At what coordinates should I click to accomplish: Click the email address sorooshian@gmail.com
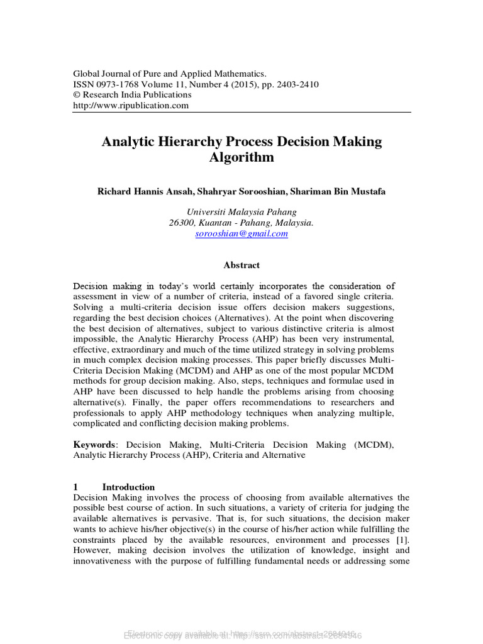pos(241,233)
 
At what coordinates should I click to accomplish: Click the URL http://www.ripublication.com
pos(131,106)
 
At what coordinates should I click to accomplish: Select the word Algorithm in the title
pos(241,157)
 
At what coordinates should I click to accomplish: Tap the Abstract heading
pos(241,265)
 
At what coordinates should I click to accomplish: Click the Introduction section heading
pos(128,487)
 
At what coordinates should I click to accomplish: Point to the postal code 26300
pos(183,223)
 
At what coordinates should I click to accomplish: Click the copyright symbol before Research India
pos(77,95)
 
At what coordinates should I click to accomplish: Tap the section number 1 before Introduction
pos(75,487)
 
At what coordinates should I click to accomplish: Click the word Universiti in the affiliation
pos(207,212)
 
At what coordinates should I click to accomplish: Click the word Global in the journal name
pos(87,74)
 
